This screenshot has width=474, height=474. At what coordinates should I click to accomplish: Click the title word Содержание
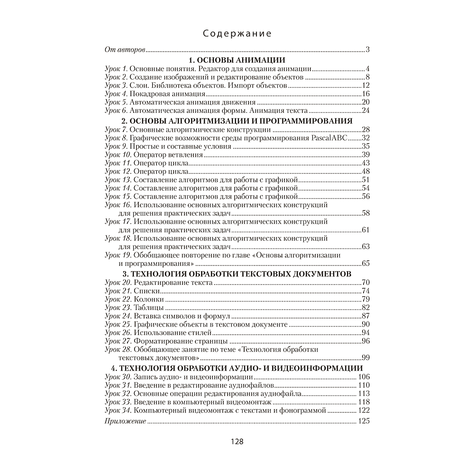(237, 34)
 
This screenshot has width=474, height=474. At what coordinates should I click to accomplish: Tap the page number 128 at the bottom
(237, 442)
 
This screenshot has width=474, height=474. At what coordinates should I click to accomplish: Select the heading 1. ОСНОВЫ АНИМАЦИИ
(237, 60)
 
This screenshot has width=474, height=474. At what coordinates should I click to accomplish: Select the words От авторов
(125, 50)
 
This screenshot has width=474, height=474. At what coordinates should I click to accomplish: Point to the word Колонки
(149, 300)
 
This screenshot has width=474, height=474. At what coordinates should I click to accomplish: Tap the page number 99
(365, 357)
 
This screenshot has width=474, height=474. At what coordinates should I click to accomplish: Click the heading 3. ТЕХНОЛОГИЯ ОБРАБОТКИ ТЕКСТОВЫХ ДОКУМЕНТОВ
(237, 274)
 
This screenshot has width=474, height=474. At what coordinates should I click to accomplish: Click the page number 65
(365, 264)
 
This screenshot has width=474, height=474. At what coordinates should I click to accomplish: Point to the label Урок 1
(116, 69)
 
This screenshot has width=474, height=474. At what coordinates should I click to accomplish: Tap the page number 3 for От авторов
(367, 50)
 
